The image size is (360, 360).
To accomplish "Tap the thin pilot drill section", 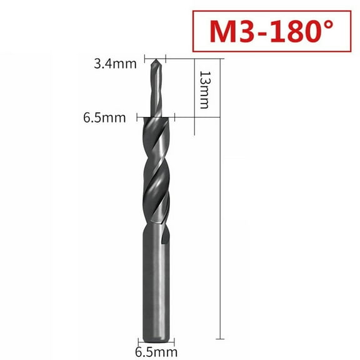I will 155,91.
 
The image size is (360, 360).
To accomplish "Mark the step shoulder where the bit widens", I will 154,117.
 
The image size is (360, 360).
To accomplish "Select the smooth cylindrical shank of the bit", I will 154,281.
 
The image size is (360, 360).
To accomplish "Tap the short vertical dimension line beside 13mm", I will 196,94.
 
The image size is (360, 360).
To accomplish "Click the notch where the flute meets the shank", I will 163,236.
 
